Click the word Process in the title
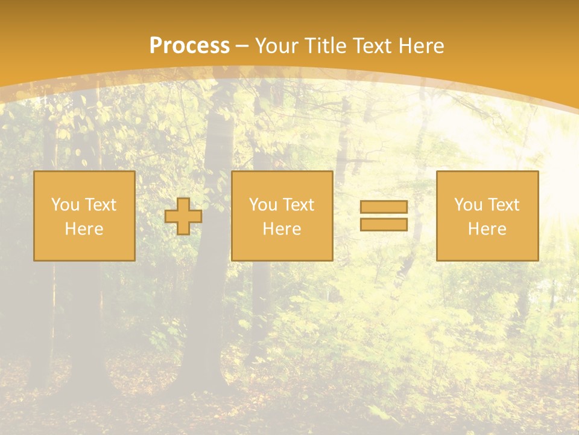point(189,46)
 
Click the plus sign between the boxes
point(183,216)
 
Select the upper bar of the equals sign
point(384,207)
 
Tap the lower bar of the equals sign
point(384,224)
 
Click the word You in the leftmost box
point(65,205)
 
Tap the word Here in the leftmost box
point(84,229)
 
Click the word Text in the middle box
point(298,205)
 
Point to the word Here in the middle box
point(282,229)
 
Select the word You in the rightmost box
point(468,205)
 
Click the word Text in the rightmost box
point(503,205)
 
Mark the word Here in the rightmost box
point(487,229)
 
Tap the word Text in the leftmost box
point(100,205)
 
